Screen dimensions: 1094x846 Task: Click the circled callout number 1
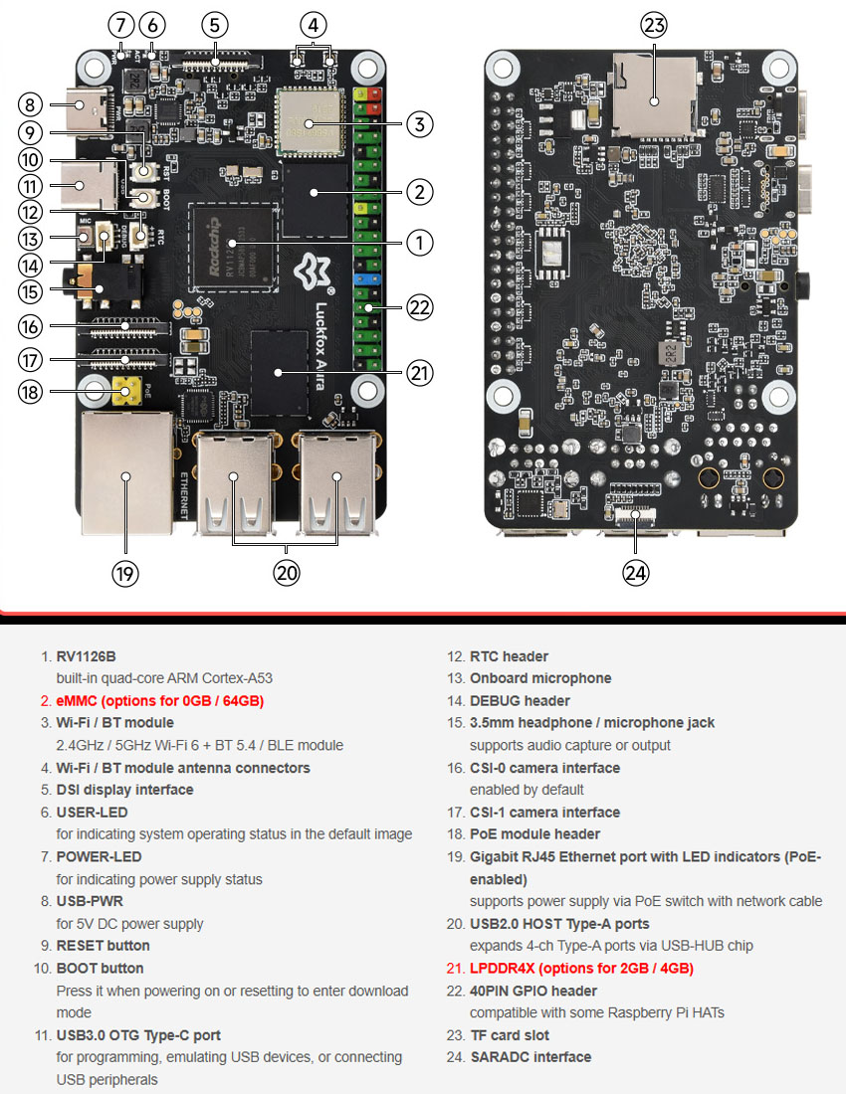click(419, 242)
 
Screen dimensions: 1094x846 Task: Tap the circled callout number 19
click(125, 573)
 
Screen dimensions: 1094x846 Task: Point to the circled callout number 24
click(636, 573)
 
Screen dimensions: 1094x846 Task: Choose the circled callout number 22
click(419, 308)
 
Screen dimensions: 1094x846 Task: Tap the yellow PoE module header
click(125, 391)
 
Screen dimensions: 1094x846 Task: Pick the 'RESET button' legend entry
click(103, 946)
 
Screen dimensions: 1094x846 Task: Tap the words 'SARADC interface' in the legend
click(529, 1057)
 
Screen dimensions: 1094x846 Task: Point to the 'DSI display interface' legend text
click(124, 790)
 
